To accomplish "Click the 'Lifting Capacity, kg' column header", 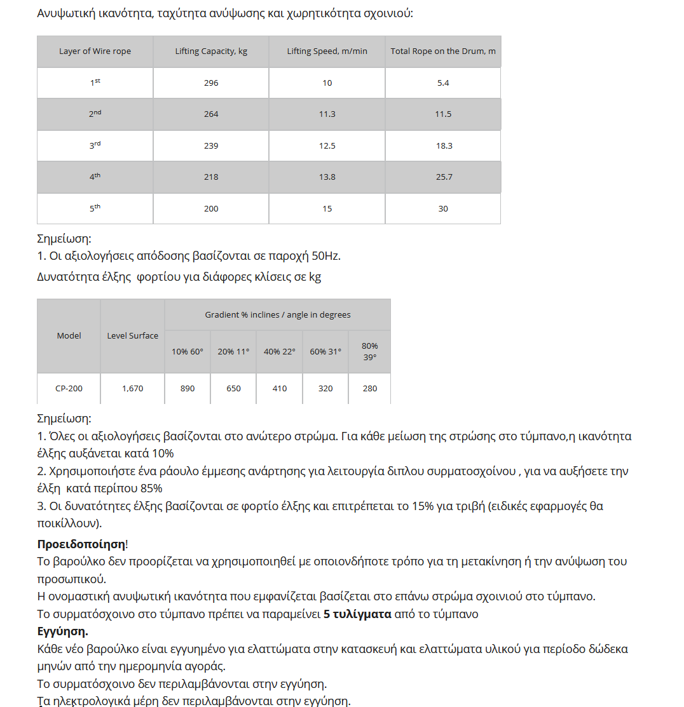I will click(x=211, y=51).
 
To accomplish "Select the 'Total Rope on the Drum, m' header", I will click(x=443, y=51).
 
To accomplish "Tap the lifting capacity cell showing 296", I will click(x=211, y=83).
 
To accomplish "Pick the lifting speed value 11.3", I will click(x=327, y=114).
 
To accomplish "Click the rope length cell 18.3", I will click(x=444, y=146).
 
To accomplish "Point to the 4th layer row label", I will click(x=95, y=177).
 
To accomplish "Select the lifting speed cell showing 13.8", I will click(x=327, y=177).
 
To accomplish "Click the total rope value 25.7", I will click(x=444, y=177).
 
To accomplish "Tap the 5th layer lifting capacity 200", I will click(x=211, y=209).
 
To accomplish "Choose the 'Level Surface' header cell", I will click(x=132, y=336).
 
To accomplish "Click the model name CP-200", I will click(x=69, y=389).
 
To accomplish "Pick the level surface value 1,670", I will click(x=132, y=389).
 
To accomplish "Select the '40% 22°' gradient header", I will click(x=280, y=351).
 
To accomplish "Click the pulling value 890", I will click(x=188, y=389).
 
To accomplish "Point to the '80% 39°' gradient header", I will click(x=369, y=351).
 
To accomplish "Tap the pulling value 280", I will click(x=369, y=389).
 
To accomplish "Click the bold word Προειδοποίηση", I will click(x=81, y=544).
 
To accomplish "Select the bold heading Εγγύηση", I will click(x=62, y=632).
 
